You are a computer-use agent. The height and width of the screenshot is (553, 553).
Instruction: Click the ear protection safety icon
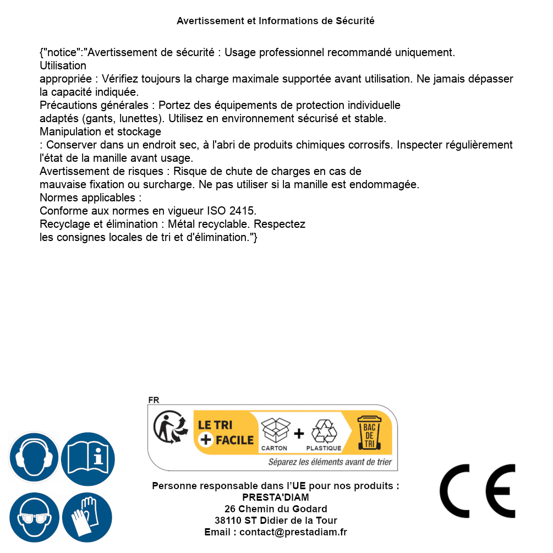pos(34,457)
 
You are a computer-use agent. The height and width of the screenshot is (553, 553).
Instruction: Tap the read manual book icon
pos(87,457)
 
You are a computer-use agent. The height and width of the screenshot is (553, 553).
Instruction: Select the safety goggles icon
pos(34,518)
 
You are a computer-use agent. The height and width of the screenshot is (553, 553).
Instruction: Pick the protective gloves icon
pos(87,518)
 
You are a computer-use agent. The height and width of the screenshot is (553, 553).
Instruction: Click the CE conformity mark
pos(478,491)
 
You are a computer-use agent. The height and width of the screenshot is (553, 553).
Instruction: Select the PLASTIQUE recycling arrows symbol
pos(324,431)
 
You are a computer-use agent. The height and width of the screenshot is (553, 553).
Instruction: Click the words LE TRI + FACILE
pos(226,432)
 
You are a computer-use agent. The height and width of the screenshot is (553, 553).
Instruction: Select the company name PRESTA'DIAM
pos(276,497)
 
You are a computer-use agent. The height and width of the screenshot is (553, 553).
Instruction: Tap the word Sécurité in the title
pos(355,21)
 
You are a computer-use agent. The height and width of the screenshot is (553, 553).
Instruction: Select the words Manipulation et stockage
pos(101,132)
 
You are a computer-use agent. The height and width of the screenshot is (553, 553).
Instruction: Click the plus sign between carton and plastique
pos(299,434)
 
